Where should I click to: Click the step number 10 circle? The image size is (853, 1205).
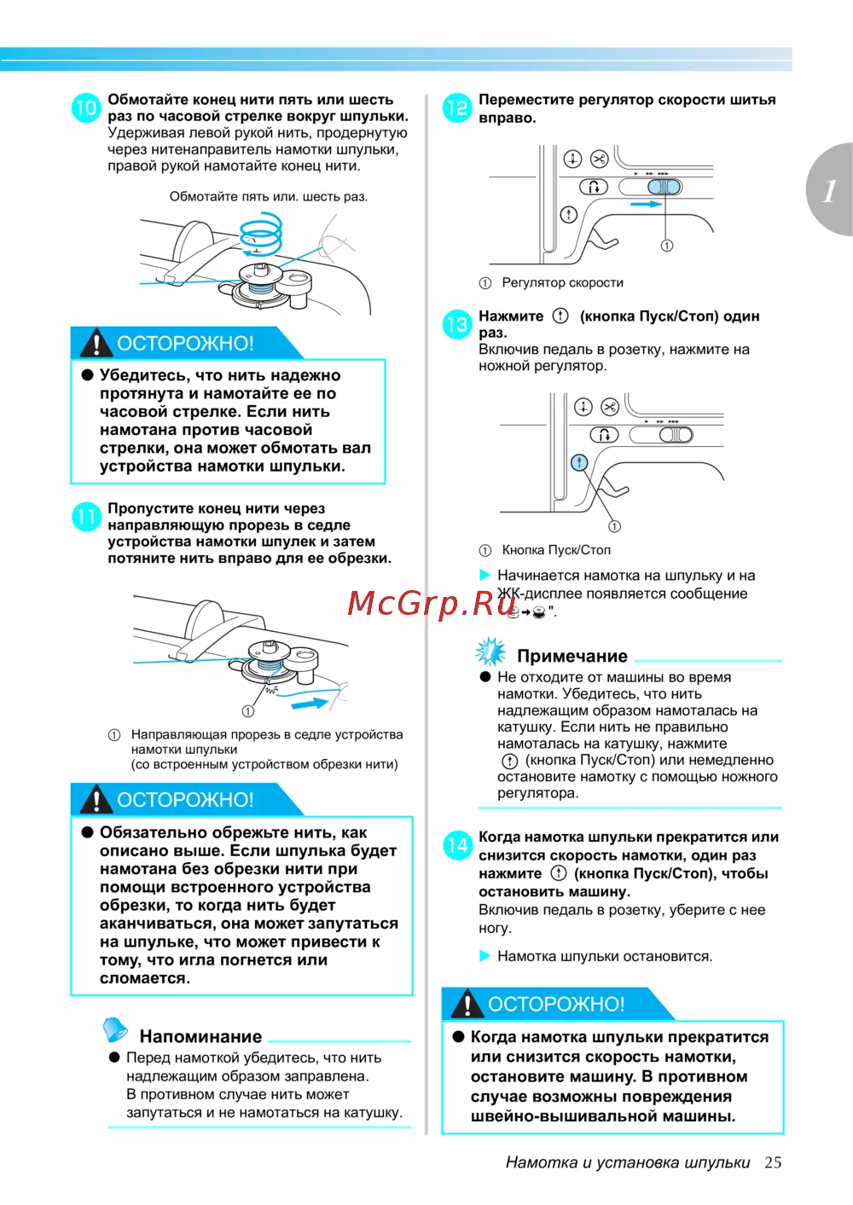click(86, 107)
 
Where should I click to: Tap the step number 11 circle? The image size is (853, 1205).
click(86, 517)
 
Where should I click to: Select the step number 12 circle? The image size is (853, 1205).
click(457, 107)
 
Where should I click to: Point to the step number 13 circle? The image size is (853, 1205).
click(457, 324)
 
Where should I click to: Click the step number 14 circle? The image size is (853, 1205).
click(457, 845)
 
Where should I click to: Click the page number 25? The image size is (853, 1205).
click(773, 1162)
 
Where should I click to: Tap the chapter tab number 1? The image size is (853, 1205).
click(829, 191)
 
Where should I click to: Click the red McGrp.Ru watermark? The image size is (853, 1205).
click(432, 603)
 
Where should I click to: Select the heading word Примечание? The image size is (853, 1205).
click(572, 657)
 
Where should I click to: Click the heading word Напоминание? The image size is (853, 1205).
click(200, 1037)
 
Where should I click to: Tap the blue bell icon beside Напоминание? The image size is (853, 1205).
click(115, 1029)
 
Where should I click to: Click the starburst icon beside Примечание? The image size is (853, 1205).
click(490, 652)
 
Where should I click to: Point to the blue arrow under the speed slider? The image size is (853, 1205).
click(647, 205)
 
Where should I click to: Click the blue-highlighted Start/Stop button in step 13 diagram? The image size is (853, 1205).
click(579, 462)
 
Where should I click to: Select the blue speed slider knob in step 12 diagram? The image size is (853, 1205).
click(664, 188)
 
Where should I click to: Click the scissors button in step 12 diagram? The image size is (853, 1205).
click(599, 159)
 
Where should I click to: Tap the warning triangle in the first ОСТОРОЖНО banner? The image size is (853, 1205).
click(96, 343)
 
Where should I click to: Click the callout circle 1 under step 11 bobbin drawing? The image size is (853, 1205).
click(248, 711)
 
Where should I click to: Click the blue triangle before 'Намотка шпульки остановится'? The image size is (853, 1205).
click(485, 956)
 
